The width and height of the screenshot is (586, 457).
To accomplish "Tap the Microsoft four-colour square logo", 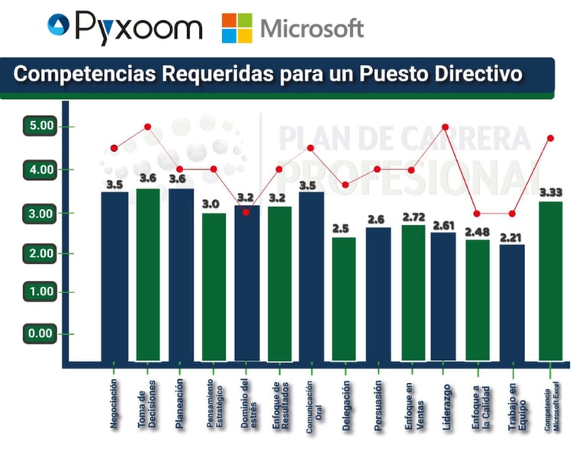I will tap(237, 28).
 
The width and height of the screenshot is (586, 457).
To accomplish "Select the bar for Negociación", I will tap(114, 275).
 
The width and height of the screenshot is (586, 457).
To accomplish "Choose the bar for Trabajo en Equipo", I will tap(513, 301).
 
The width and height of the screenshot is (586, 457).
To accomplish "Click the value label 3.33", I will tap(551, 192).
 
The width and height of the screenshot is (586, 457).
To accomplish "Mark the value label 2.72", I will tap(413, 217).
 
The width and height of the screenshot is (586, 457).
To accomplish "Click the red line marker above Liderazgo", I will tap(446, 127).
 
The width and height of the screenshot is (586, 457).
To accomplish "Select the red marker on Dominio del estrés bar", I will tap(246, 212).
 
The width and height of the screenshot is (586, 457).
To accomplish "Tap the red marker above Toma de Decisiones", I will tap(148, 127).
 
